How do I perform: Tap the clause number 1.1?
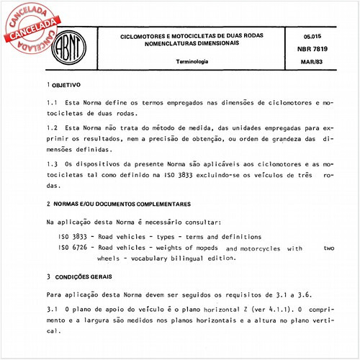click(50, 103)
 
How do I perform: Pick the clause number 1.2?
click(50, 127)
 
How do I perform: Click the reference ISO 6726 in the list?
click(73, 247)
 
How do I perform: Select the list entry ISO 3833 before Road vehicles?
click(73, 237)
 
